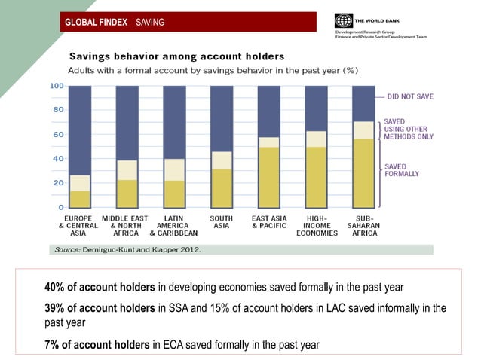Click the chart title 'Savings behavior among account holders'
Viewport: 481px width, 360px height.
[x=177, y=56]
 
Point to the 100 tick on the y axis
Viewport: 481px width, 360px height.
[x=57, y=86]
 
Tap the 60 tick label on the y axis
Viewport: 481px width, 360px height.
[x=58, y=134]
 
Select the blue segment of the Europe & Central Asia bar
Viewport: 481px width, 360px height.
[x=80, y=130]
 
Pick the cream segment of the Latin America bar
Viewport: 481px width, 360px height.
[x=174, y=169]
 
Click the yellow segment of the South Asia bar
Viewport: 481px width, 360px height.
[x=222, y=188]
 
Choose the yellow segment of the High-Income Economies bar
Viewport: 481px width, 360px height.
[x=316, y=177]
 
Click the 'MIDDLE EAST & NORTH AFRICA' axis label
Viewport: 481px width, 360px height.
[x=127, y=225]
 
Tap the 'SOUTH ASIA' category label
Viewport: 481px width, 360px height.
[x=221, y=222]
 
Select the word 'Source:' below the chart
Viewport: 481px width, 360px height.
[x=63, y=249]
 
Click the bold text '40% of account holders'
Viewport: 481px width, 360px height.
[x=100, y=287]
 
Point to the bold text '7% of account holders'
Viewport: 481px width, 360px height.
[x=97, y=345]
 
